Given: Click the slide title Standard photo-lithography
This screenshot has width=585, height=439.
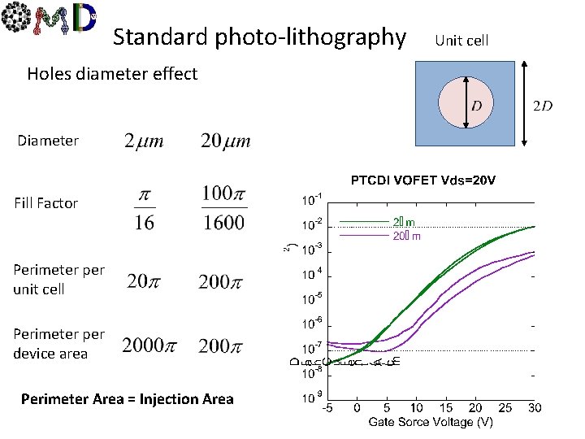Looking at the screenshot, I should coord(259,37).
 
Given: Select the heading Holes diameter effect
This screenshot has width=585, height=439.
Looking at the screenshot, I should coord(112,74).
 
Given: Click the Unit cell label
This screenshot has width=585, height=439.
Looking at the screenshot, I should coord(461,40).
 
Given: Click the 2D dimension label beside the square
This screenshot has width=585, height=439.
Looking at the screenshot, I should coord(544,106).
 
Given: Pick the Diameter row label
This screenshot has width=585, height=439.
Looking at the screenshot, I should coord(48,141).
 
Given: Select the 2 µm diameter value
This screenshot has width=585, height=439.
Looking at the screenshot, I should coord(144,141).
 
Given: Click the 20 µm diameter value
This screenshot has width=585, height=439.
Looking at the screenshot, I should coord(225,141).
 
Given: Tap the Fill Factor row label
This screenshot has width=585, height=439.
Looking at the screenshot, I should coord(45,203).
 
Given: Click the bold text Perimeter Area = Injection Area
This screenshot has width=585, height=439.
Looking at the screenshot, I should coord(128,399).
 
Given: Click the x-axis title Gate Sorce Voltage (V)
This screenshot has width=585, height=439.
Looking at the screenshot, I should coord(430,421).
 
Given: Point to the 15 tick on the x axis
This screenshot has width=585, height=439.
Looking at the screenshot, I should coord(445,406).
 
